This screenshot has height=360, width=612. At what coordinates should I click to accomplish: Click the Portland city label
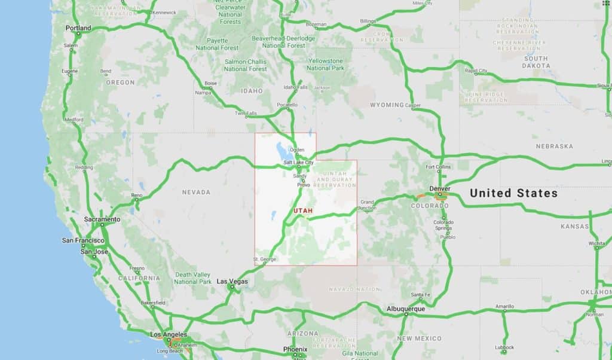click(78, 28)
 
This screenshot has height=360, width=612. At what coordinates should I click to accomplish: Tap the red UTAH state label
click(303, 211)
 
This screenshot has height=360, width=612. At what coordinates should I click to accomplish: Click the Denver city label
click(439, 188)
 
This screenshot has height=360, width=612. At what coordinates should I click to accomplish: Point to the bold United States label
click(513, 193)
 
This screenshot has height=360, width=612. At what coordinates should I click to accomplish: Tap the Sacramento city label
click(102, 219)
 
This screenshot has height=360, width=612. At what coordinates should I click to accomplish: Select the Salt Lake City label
click(298, 163)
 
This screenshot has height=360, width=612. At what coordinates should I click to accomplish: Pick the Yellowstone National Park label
click(325, 65)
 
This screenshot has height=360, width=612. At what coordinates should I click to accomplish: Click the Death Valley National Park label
click(193, 278)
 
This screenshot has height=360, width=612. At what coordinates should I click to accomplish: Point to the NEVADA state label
click(196, 192)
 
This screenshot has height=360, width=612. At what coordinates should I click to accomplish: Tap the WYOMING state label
click(387, 105)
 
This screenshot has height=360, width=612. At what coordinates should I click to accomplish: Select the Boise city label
click(210, 83)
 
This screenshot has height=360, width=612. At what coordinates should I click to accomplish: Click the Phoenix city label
click(295, 349)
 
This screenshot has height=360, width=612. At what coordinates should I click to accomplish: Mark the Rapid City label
click(476, 71)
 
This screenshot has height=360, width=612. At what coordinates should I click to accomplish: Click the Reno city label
click(137, 195)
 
